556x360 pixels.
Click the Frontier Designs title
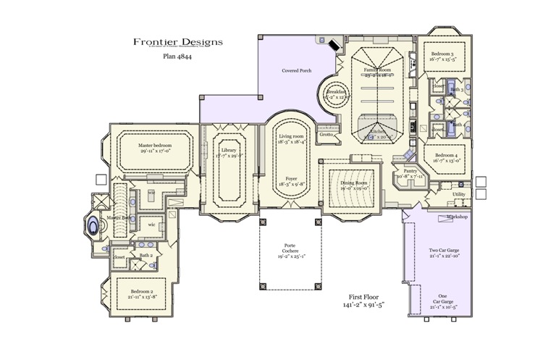(x=177, y=42)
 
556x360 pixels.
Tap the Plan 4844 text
(x=177, y=54)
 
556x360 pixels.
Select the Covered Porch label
(x=297, y=71)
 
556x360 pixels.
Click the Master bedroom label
(x=155, y=146)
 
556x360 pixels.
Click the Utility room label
(x=459, y=194)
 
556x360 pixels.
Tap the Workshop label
(x=457, y=217)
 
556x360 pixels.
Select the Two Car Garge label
(x=442, y=251)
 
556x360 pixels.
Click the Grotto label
(x=327, y=134)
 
